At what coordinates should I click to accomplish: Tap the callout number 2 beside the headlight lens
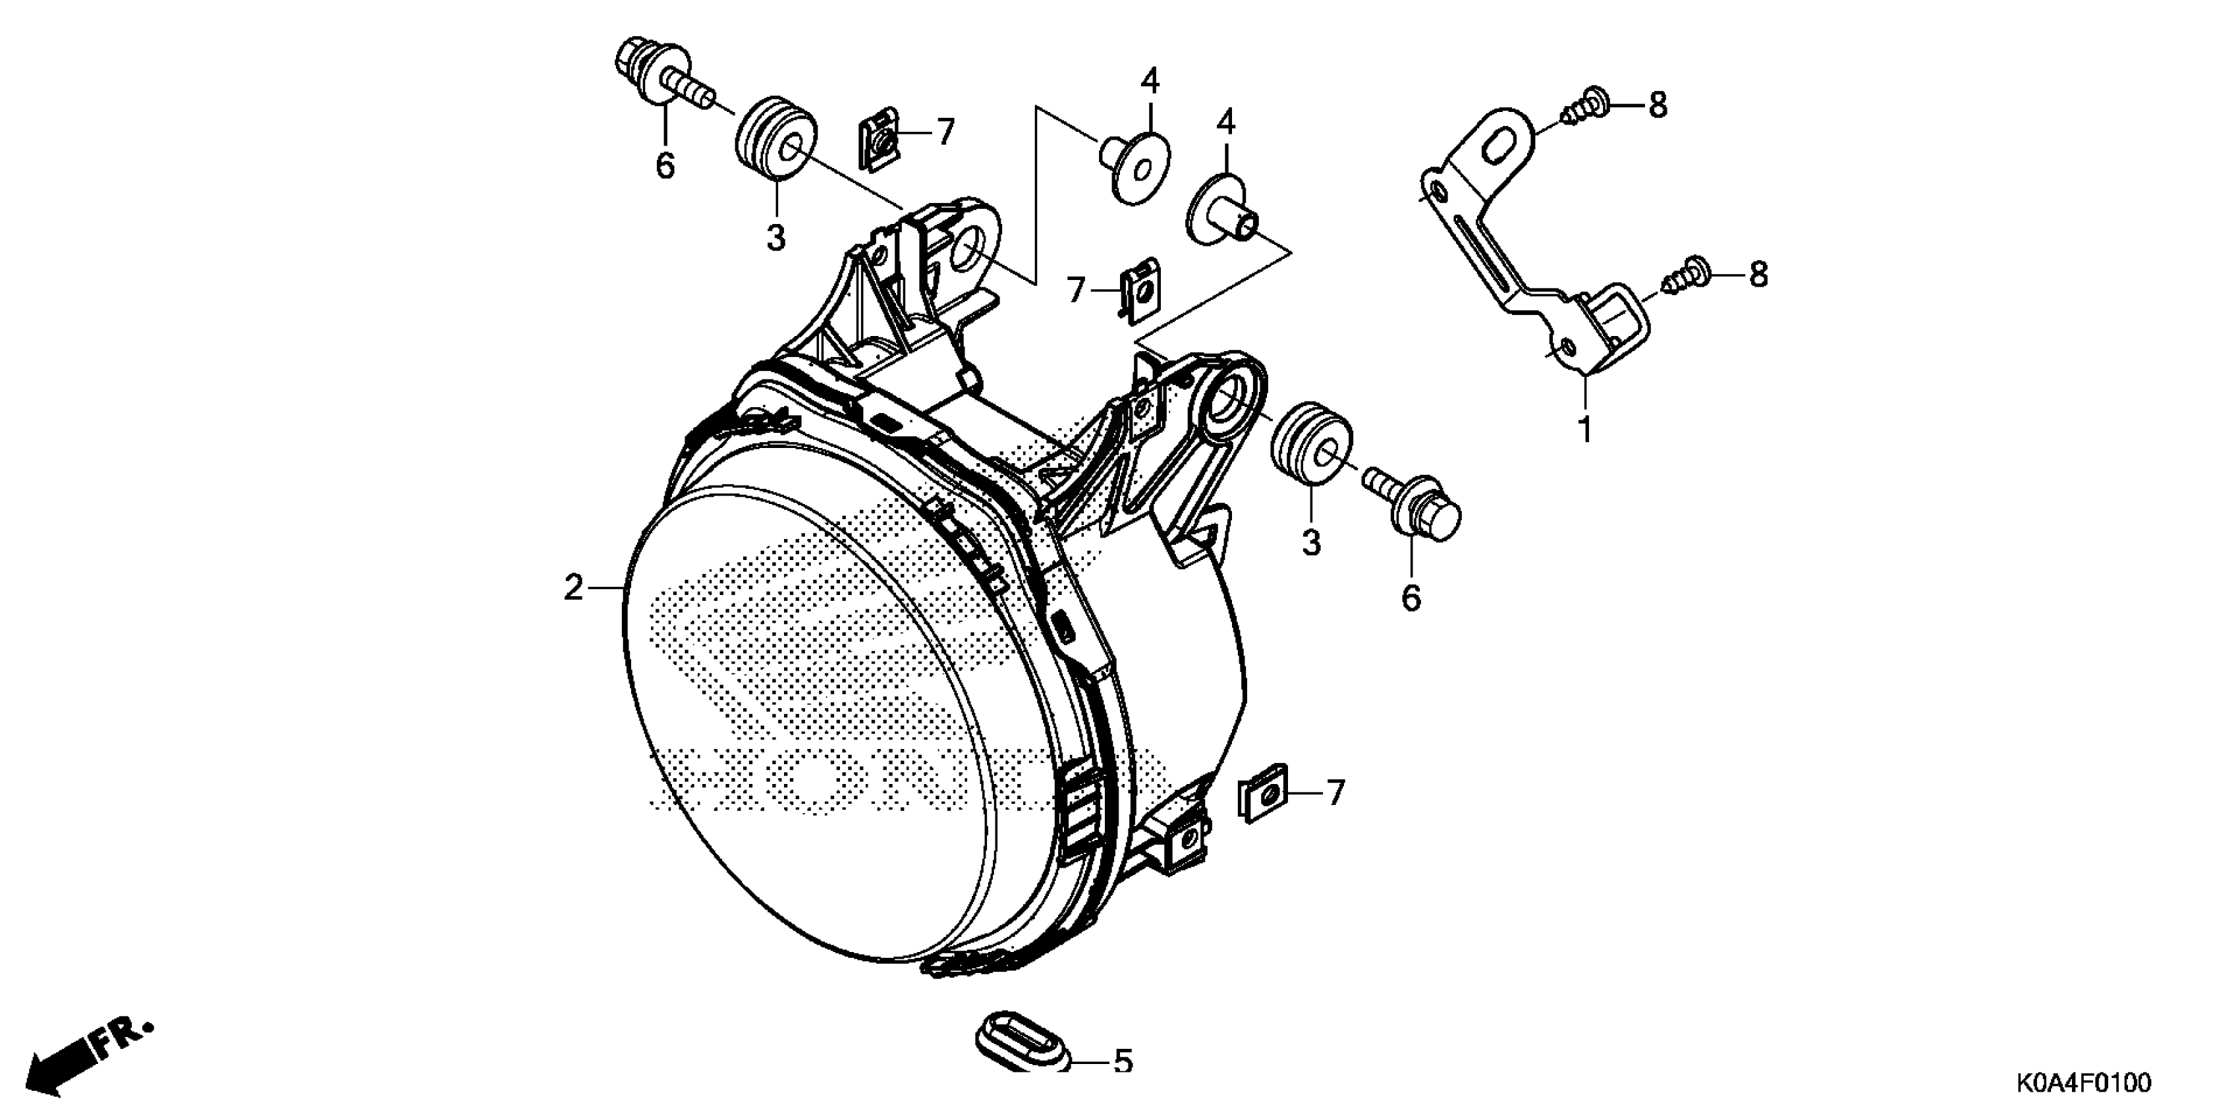coord(573,589)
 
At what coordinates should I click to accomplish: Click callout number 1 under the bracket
coord(1585,430)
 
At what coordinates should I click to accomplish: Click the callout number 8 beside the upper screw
coord(1658,106)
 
